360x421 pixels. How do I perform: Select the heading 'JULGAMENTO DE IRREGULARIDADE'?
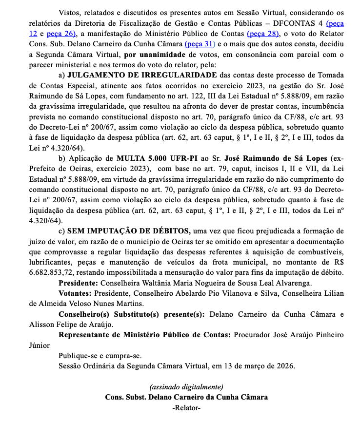coord(142,75)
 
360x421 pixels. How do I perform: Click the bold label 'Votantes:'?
coord(76,293)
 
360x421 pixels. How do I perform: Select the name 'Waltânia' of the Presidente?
coord(153,283)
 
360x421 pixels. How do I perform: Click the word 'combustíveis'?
coord(322,251)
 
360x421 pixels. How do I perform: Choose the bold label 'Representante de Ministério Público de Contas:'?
coord(144,335)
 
